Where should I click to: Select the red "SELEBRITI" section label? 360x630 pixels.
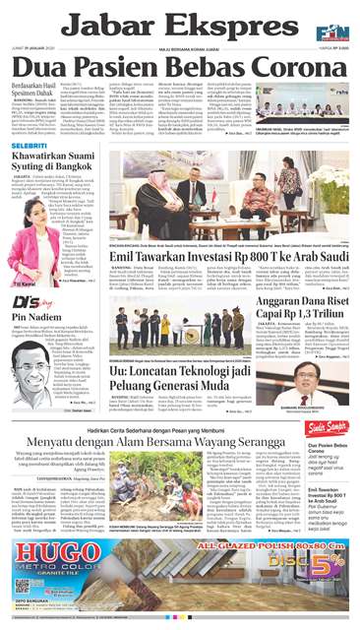pyautogui.click(x=31, y=146)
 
